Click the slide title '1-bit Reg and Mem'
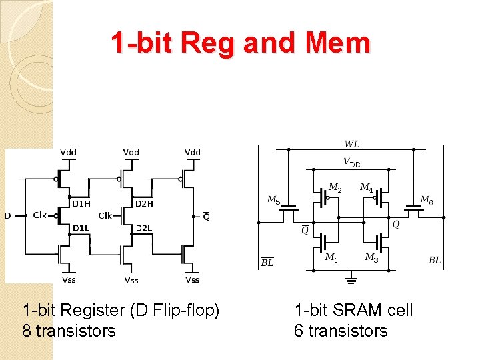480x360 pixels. [x=240, y=43]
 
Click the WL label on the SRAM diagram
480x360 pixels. [x=351, y=144]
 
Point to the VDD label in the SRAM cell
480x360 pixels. [x=351, y=162]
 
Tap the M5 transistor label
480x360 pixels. [x=273, y=199]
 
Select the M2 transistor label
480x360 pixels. [x=335, y=187]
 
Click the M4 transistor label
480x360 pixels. [x=366, y=187]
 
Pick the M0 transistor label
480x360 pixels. [x=426, y=199]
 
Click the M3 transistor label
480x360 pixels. [x=371, y=257]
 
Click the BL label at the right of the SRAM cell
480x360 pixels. [x=434, y=260]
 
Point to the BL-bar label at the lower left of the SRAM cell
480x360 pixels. [x=267, y=262]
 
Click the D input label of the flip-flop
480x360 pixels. [x=8, y=215]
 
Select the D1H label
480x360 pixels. [x=81, y=203]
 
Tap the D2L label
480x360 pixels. [x=144, y=228]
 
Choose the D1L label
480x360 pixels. [x=81, y=228]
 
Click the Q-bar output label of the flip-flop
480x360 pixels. [x=206, y=215]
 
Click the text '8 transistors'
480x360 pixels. [x=69, y=331]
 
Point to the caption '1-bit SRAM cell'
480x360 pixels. [x=353, y=310]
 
